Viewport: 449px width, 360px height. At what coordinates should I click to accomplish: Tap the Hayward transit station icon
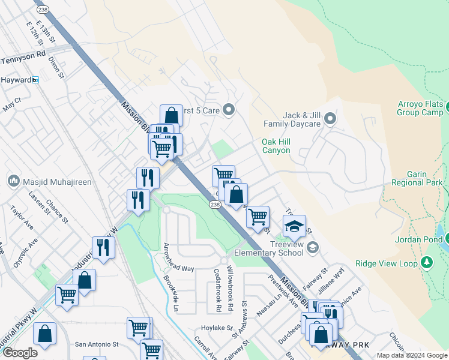(35, 80)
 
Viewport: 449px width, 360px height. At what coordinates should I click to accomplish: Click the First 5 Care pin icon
(228, 110)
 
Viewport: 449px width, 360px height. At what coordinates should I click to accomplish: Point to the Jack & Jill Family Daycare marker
(330, 119)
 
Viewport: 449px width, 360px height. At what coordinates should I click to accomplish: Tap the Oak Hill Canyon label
(276, 146)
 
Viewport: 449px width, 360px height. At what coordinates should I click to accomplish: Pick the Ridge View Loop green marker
(427, 262)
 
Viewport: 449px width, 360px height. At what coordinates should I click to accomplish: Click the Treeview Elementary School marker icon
(312, 247)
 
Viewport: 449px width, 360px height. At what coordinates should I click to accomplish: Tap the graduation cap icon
(294, 226)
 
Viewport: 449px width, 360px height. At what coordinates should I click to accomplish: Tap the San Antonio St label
(97, 344)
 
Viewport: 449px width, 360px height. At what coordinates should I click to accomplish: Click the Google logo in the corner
(20, 353)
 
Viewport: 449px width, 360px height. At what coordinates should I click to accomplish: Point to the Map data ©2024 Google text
(412, 355)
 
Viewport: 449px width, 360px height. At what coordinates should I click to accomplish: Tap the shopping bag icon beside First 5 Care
(172, 115)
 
